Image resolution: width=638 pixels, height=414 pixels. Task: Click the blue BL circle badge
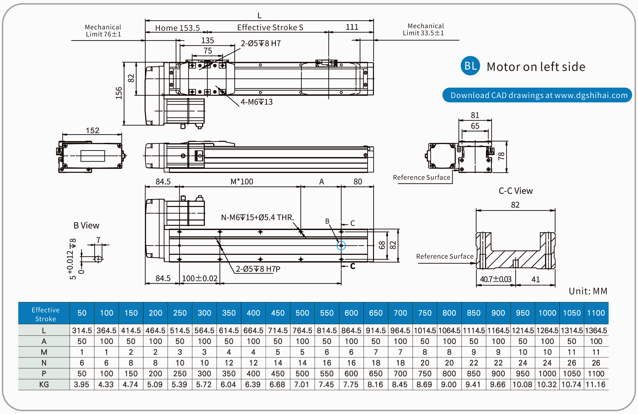click(470, 66)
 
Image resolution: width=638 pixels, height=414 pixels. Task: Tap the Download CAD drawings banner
click(537, 95)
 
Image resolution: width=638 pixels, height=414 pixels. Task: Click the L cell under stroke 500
click(302, 331)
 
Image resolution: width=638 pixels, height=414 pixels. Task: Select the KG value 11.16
click(596, 385)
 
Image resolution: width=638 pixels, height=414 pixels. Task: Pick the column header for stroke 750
click(425, 313)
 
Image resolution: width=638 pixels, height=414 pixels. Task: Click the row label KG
click(44, 385)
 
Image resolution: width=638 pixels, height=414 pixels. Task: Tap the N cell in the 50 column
click(82, 363)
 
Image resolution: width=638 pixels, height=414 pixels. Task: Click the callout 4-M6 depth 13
click(256, 102)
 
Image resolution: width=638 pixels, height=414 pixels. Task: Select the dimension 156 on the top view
click(119, 93)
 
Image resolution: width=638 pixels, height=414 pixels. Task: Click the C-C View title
click(515, 191)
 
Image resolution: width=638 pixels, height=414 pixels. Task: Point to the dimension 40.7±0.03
click(496, 279)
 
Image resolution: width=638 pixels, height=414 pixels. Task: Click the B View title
click(86, 225)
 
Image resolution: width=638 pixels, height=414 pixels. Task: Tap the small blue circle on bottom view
click(341, 245)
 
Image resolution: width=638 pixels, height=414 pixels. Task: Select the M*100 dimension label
click(242, 182)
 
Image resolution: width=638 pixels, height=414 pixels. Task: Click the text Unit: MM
click(588, 291)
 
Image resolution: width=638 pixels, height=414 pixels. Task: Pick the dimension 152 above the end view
click(92, 130)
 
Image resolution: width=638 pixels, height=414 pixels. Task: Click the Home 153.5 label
click(177, 28)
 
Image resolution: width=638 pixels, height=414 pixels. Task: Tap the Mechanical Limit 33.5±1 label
click(424, 29)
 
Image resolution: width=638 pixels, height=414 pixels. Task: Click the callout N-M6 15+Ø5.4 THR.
click(257, 217)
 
